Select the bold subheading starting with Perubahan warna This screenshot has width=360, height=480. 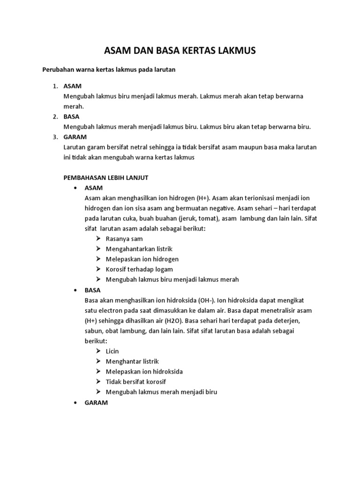coord(109,69)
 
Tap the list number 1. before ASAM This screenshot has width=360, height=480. coord(55,86)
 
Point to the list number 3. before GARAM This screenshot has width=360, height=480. coord(55,137)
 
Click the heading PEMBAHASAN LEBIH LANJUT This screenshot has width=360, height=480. coord(105,178)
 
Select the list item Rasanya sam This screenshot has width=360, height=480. coord(124,239)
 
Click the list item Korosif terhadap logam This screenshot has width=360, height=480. coord(139,269)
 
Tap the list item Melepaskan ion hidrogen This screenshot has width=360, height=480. coord(142,259)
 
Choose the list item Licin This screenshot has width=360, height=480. coord(112,351)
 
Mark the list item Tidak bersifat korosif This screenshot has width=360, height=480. coord(136,382)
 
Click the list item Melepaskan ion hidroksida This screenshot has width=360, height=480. coord(144,371)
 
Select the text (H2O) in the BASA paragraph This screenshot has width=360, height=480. coord(173,321)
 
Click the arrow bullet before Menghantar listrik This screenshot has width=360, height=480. coord(97,361)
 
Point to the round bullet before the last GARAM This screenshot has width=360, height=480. coord(75,403)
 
